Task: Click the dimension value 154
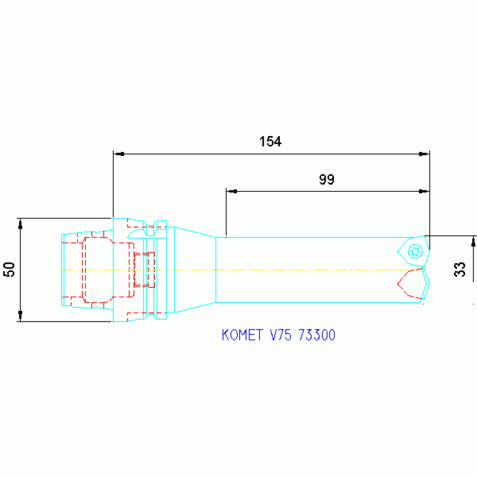tap(270, 142)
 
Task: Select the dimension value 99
tap(326, 180)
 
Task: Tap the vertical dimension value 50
tap(9, 269)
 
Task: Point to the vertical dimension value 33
tap(460, 269)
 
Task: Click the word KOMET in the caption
tap(242, 335)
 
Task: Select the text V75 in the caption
tap(280, 335)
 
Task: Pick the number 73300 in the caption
tap(317, 335)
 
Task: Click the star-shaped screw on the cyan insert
tap(415, 251)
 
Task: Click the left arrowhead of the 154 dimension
tap(119, 154)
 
